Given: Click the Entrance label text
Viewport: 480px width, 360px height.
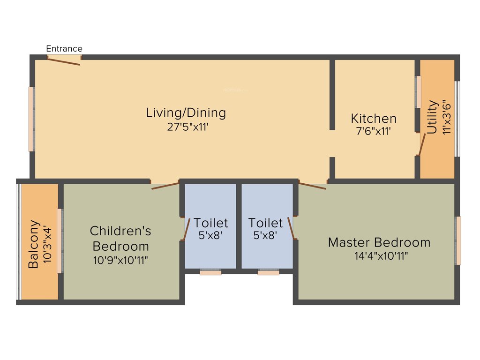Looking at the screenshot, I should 64,49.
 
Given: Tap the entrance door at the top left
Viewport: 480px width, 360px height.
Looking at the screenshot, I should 65,59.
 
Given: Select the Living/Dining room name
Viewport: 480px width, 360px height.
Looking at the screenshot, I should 186,113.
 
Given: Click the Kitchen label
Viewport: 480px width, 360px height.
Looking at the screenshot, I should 374,119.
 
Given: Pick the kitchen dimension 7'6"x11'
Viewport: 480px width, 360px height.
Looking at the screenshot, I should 374,132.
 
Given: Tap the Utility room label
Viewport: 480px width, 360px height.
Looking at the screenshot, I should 433,117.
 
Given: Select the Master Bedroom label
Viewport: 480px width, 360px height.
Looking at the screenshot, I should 379,242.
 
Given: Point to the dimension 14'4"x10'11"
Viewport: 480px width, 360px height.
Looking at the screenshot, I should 379,256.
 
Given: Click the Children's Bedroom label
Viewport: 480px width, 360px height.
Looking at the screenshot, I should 120,238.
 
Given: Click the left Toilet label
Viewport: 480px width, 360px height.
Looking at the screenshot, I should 211,223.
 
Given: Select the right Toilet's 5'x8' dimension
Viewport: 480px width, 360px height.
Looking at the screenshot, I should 265,236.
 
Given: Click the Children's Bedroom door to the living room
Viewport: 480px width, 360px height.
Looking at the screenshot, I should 165,185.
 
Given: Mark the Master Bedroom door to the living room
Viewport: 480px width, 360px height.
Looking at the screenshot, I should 313,186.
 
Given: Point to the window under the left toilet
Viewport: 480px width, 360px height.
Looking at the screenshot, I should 210,272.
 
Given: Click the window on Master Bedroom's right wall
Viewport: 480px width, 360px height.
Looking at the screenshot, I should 458,240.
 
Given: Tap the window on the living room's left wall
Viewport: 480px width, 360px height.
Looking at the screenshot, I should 31,119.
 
